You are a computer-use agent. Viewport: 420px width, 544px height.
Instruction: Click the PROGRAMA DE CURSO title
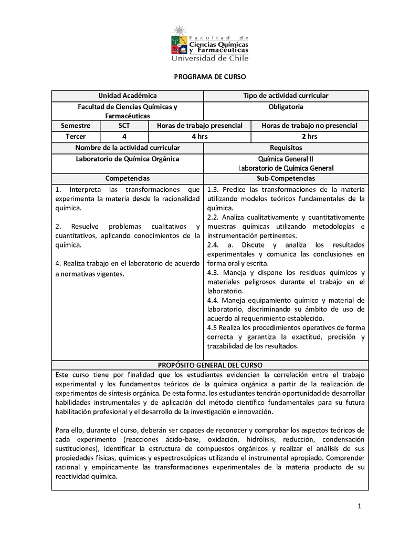point(210,77)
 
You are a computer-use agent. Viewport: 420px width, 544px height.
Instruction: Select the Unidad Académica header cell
point(128,96)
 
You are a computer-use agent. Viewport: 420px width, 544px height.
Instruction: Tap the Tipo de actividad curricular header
point(286,96)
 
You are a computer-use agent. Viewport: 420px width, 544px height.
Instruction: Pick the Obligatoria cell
point(286,107)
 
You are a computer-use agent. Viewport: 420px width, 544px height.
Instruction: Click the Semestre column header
point(76,126)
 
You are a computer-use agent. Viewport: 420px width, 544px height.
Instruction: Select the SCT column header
point(124,126)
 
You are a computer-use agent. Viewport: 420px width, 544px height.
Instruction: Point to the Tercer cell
point(76,137)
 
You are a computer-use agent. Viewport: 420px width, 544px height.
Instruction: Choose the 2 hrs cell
point(309,137)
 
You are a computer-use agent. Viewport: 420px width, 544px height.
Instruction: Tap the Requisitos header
point(286,148)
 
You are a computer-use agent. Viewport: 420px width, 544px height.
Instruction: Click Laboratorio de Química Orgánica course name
point(128,159)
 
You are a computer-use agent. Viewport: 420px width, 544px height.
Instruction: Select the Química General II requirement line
point(286,159)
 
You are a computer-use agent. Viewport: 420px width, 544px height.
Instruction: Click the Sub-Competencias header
point(286,179)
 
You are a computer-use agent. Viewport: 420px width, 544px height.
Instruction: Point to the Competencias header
point(128,179)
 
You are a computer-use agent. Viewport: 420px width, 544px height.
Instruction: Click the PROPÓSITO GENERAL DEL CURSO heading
point(210,365)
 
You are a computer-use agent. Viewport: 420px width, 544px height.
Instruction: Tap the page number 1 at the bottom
point(360,507)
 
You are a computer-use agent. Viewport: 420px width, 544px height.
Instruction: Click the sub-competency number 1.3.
point(213,190)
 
